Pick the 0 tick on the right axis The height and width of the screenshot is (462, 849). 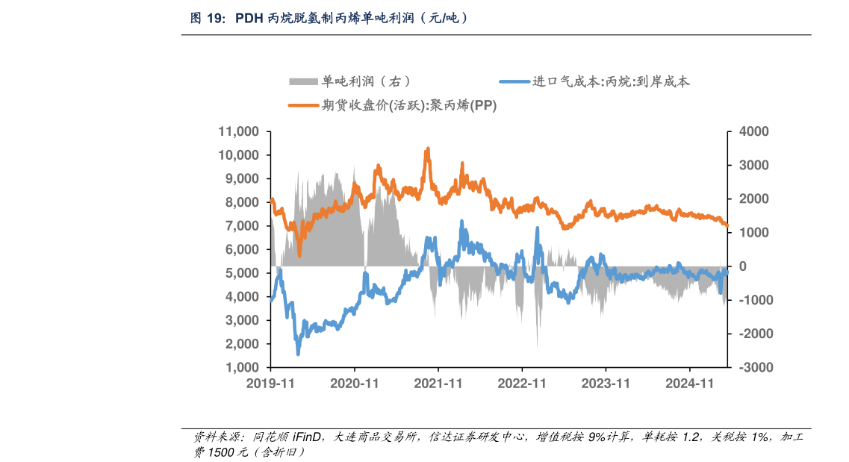pyautogui.click(x=742, y=266)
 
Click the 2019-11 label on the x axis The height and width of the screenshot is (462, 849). pyautogui.click(x=270, y=384)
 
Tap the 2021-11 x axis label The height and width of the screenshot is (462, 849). pyautogui.click(x=438, y=384)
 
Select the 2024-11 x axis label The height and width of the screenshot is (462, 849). pyautogui.click(x=690, y=384)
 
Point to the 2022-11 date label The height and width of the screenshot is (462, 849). pyautogui.click(x=522, y=384)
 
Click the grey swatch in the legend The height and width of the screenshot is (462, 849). pyautogui.click(x=302, y=81)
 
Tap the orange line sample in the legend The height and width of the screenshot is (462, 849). pyautogui.click(x=303, y=105)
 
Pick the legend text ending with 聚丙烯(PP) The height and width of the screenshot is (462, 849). pyautogui.click(x=409, y=105)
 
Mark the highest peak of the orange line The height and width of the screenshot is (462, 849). pyautogui.click(x=427, y=149)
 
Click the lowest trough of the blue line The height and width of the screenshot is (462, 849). pyautogui.click(x=298, y=354)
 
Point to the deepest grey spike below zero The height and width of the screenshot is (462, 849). pyautogui.click(x=538, y=347)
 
